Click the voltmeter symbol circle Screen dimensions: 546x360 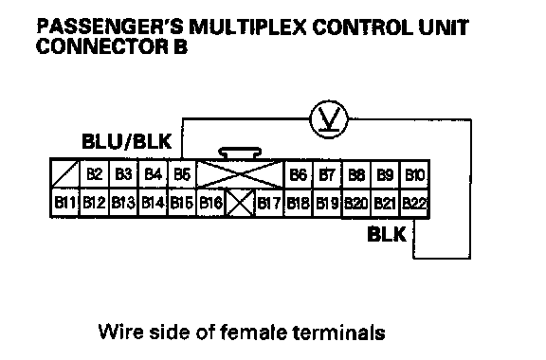click(x=329, y=119)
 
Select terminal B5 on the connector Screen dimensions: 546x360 click(x=182, y=174)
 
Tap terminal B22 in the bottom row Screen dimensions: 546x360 click(x=414, y=203)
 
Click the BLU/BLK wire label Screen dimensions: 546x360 click(x=127, y=141)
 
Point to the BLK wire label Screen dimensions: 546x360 click(x=387, y=234)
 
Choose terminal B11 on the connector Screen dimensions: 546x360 click(x=65, y=203)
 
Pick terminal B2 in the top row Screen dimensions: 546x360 click(x=95, y=174)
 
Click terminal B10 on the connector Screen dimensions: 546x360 click(x=415, y=174)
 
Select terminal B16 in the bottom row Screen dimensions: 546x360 click(x=211, y=203)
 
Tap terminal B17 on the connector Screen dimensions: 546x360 click(x=269, y=203)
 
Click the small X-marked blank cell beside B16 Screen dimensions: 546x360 click(x=240, y=203)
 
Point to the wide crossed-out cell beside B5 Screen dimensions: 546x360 click(x=240, y=174)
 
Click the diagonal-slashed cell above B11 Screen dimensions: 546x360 click(x=65, y=174)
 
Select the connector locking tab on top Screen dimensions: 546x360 click(x=240, y=153)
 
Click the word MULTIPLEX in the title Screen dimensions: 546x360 click(x=248, y=27)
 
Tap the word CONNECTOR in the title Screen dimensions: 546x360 click(x=102, y=46)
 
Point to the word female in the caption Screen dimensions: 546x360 click(x=253, y=332)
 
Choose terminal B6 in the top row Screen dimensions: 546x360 click(x=299, y=174)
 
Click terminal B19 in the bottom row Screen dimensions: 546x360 click(x=327, y=203)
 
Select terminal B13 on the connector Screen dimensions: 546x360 click(x=123, y=203)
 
